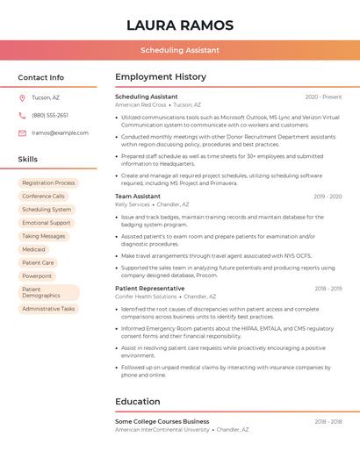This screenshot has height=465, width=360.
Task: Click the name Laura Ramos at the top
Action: point(180,25)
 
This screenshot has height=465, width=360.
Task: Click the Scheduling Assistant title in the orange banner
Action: point(180,50)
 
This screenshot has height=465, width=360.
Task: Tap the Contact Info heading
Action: point(40,77)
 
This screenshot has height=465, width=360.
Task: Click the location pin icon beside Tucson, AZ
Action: point(22,97)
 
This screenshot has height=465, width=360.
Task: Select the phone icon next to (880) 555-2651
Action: point(22,115)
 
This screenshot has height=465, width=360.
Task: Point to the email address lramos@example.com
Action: point(60,132)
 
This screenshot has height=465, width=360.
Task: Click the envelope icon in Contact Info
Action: point(22,132)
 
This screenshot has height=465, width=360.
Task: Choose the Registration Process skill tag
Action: point(48,182)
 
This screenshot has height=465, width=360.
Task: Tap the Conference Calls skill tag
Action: point(43,197)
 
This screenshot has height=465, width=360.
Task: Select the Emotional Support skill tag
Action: point(47,223)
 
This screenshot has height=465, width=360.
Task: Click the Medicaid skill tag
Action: point(33,249)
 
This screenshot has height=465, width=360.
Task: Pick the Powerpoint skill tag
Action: point(37,275)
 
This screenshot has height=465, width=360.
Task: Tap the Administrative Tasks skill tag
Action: point(48,309)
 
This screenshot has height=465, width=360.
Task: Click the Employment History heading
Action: point(161,77)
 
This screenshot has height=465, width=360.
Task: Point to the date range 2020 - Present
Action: point(323,97)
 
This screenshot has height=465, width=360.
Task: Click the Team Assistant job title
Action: point(138,197)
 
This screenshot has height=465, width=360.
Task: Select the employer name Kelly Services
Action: point(133,204)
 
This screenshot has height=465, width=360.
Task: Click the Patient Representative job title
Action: point(150,288)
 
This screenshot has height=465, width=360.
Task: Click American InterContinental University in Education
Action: point(162,430)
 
